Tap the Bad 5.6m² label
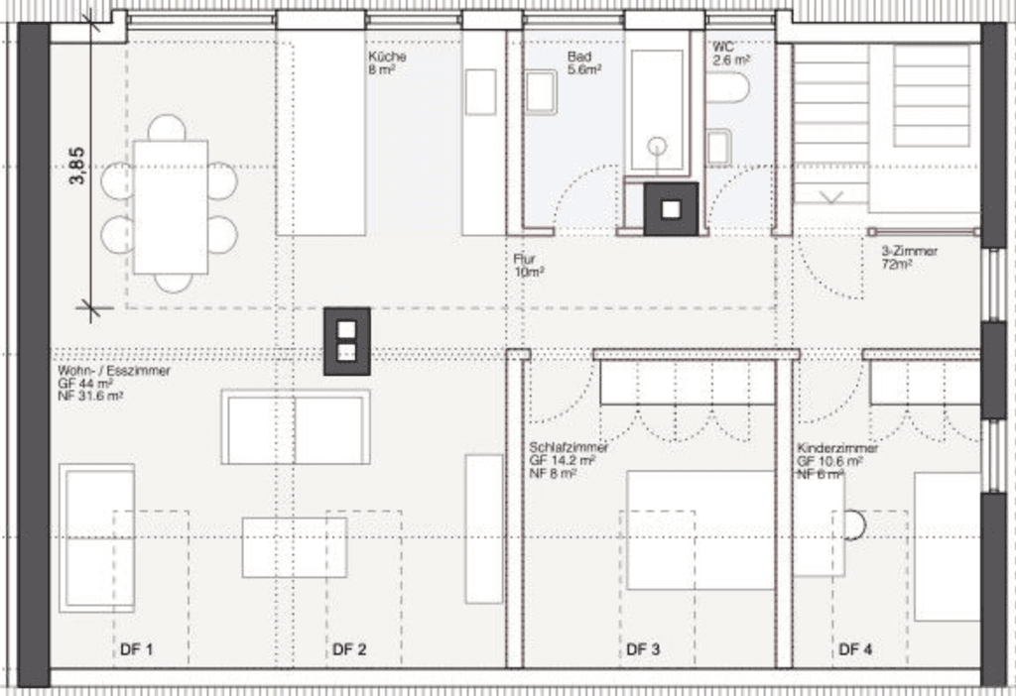tap(583, 62)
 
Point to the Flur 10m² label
tap(528, 266)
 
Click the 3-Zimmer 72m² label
tap(909, 258)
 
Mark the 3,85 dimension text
tap(76, 166)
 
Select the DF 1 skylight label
tap(137, 649)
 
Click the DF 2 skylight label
tap(349, 649)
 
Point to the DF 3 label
tap(643, 649)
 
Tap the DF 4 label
tap(855, 649)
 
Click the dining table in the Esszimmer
tap(171, 207)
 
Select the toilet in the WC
tap(727, 88)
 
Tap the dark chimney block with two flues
tap(347, 341)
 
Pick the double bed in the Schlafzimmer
tap(700, 530)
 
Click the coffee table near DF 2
tap(295, 547)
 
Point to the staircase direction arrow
tap(830, 197)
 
